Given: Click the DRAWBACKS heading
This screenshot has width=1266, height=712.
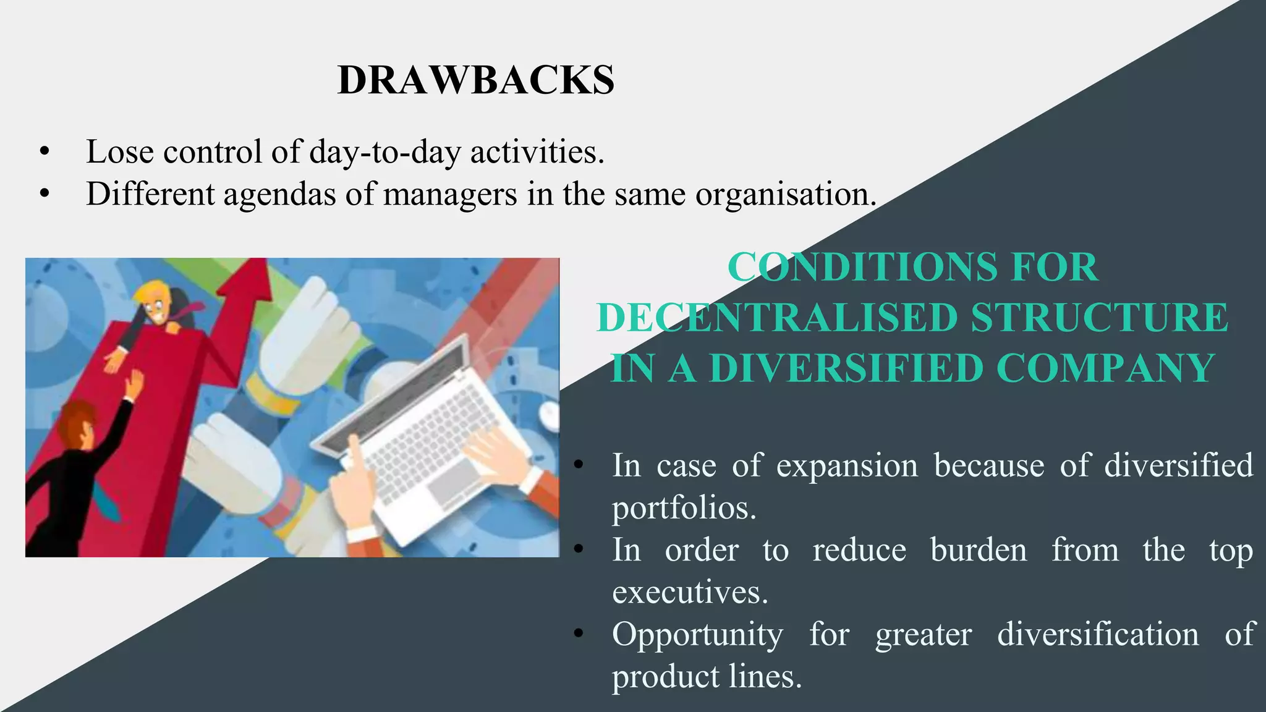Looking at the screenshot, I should point(476,80).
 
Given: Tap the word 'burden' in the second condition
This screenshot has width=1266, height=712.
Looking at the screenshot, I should point(978,550).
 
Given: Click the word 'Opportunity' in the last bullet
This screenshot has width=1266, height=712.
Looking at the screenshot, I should point(697,634).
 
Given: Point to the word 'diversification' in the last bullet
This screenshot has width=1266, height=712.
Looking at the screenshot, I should point(1097,634).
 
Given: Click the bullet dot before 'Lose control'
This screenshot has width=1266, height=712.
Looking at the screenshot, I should point(44,152).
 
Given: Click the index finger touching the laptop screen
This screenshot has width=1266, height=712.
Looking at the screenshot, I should point(353,443).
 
